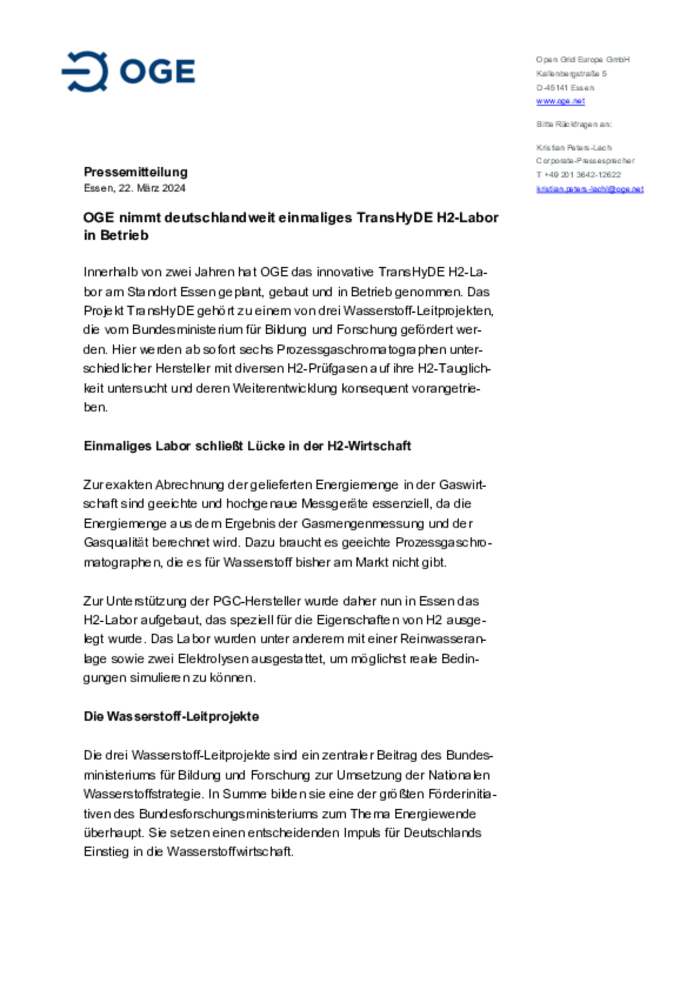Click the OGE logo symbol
coord(85,71)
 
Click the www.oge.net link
coord(560,101)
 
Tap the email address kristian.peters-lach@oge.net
coord(590,189)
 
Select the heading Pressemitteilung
coord(136,172)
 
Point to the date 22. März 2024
coord(152,188)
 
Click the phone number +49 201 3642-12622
coord(582,175)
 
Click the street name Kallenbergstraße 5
coord(571,74)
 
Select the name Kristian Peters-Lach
coord(574,148)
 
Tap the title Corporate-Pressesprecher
coord(585,161)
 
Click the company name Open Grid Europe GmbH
coord(582,60)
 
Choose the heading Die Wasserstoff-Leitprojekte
coord(171,717)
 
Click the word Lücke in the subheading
coord(266,446)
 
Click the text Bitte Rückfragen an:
coord(574,124)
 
